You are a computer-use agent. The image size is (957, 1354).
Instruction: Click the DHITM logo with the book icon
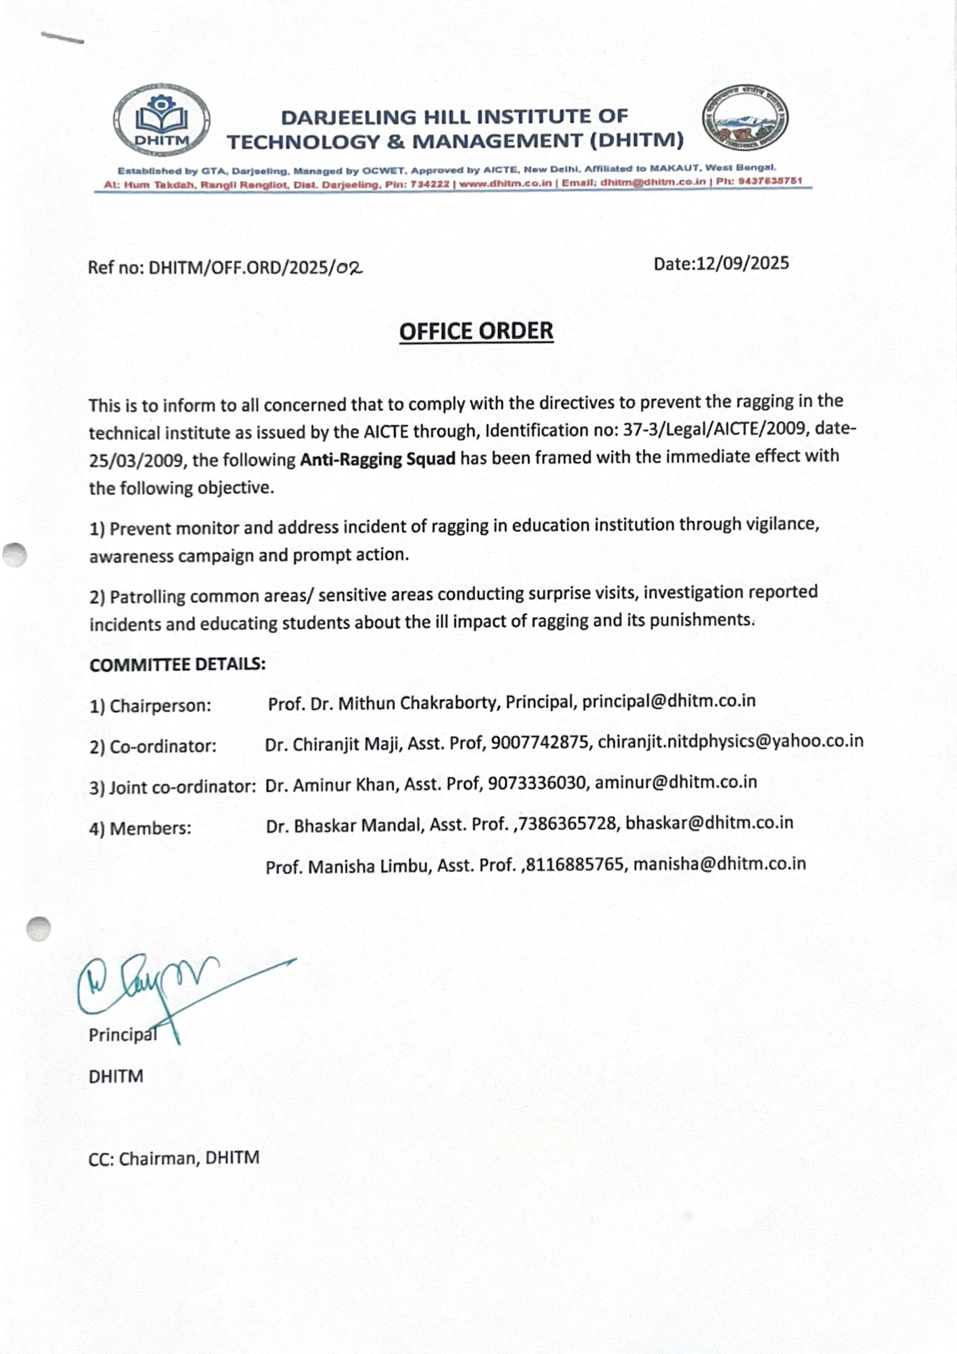point(162,121)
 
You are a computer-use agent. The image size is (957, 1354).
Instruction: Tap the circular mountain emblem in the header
point(744,118)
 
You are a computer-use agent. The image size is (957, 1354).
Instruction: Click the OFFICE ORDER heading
point(476,331)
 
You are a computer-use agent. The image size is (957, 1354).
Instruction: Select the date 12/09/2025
point(742,263)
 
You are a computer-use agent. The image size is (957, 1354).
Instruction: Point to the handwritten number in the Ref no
point(349,267)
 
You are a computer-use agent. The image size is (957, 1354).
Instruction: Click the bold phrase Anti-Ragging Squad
point(378,459)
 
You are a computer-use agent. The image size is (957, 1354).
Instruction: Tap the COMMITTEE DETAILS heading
point(177,664)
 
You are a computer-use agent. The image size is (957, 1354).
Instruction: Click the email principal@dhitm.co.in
point(669,701)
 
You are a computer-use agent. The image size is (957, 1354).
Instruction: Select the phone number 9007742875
point(539,743)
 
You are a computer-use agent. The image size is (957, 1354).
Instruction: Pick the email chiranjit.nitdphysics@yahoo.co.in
point(730,741)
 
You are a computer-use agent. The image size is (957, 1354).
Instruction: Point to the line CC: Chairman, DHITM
point(174,1158)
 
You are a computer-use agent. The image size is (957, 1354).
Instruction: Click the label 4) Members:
point(140,828)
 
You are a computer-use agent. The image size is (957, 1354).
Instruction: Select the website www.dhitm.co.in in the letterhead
point(505,183)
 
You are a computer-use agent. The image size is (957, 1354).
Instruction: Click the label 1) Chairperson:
point(150,705)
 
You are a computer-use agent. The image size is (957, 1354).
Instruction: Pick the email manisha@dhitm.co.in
point(719,864)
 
